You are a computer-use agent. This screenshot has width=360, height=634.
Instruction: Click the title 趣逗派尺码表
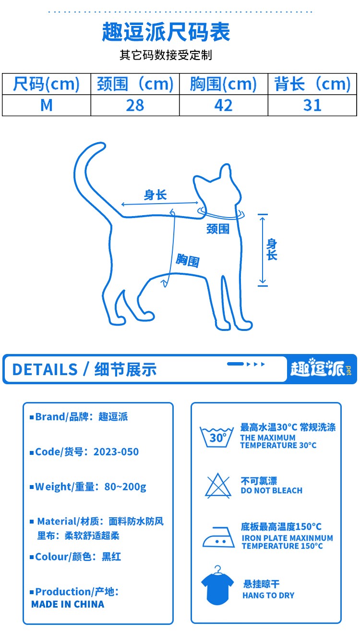(166, 32)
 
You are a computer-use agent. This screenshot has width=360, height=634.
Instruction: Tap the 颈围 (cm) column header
(135, 84)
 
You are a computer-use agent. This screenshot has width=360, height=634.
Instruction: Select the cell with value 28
(135, 105)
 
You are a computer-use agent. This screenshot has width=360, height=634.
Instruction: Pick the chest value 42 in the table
(223, 105)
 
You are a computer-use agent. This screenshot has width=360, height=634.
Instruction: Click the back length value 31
(312, 105)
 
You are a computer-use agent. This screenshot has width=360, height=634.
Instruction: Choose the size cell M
(47, 105)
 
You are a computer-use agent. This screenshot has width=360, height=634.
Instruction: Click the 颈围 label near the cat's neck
(218, 229)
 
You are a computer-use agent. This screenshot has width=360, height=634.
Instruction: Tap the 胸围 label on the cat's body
(188, 260)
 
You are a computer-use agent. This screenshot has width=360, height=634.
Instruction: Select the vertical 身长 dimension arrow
(263, 250)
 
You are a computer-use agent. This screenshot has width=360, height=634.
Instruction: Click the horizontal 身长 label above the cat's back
(155, 195)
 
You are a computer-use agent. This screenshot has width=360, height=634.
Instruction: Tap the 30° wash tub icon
(216, 437)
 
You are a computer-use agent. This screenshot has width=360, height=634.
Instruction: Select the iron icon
(218, 537)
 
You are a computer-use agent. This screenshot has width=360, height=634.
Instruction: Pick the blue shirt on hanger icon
(217, 585)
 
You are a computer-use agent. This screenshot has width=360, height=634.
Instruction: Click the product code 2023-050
(116, 451)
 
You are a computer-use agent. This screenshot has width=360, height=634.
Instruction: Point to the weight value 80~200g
(125, 487)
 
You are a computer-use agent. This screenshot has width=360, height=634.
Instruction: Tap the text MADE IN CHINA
(68, 604)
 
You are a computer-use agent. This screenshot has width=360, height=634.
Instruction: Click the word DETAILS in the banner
(45, 369)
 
